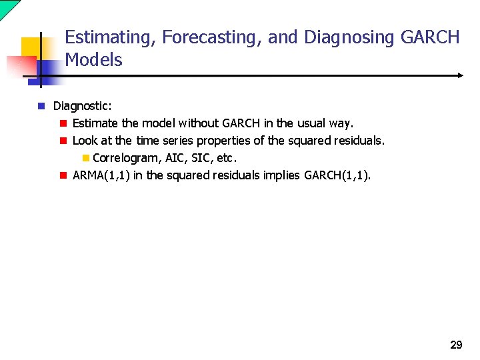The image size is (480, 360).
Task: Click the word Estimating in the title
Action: coord(109,38)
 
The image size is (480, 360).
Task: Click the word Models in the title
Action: coord(93,60)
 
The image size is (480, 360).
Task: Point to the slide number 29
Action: coord(456,345)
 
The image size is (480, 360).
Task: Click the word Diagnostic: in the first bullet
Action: coord(83,106)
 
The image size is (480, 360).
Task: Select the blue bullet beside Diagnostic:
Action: coord(41,106)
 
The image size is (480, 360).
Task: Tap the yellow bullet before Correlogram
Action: coord(85,159)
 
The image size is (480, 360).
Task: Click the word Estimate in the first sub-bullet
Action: coord(95,123)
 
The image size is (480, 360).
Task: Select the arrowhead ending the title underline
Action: coord(459,76)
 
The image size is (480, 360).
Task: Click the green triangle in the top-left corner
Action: coord(7,7)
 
